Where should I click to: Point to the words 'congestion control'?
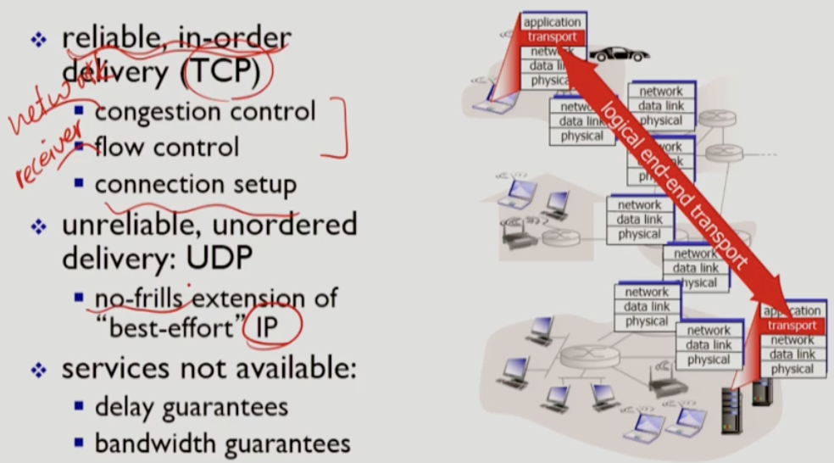205,111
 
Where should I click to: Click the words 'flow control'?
167,148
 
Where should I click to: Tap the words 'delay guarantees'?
192,406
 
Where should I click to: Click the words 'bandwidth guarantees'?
222,443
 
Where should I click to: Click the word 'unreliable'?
133,225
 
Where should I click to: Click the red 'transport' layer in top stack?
552,37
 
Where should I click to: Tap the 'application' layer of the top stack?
552,23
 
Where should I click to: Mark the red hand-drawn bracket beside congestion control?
340,129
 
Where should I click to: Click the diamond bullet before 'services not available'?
36,371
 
